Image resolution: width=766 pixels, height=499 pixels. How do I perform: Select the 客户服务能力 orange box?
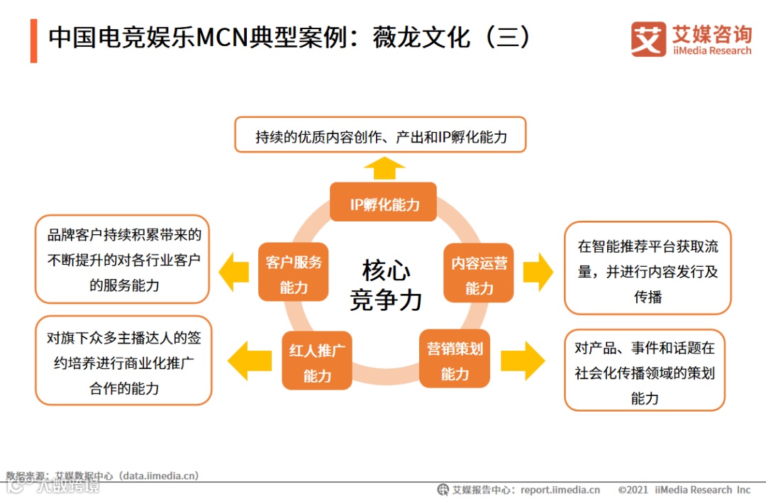(x=293, y=273)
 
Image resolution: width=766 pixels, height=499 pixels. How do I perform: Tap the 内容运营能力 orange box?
(x=479, y=273)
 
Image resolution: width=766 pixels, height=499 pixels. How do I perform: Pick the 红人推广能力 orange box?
(x=316, y=361)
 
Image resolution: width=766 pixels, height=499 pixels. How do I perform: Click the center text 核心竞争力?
(x=386, y=285)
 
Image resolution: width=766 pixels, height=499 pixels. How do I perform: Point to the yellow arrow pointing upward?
(x=384, y=169)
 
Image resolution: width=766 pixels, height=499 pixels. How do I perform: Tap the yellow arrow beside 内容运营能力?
(x=538, y=271)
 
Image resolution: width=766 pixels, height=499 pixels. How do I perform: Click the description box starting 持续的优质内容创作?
(x=380, y=136)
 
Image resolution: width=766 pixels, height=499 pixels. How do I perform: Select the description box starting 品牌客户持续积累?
(x=123, y=259)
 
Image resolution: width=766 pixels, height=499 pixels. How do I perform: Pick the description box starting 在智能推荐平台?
(x=647, y=268)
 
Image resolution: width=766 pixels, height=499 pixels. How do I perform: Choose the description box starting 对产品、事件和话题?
(x=644, y=370)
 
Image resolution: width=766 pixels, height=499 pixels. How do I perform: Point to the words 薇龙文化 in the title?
(x=421, y=37)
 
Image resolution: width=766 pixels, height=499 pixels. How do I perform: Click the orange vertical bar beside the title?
(x=33, y=40)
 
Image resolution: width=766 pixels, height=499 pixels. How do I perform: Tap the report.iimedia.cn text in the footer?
(x=560, y=490)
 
